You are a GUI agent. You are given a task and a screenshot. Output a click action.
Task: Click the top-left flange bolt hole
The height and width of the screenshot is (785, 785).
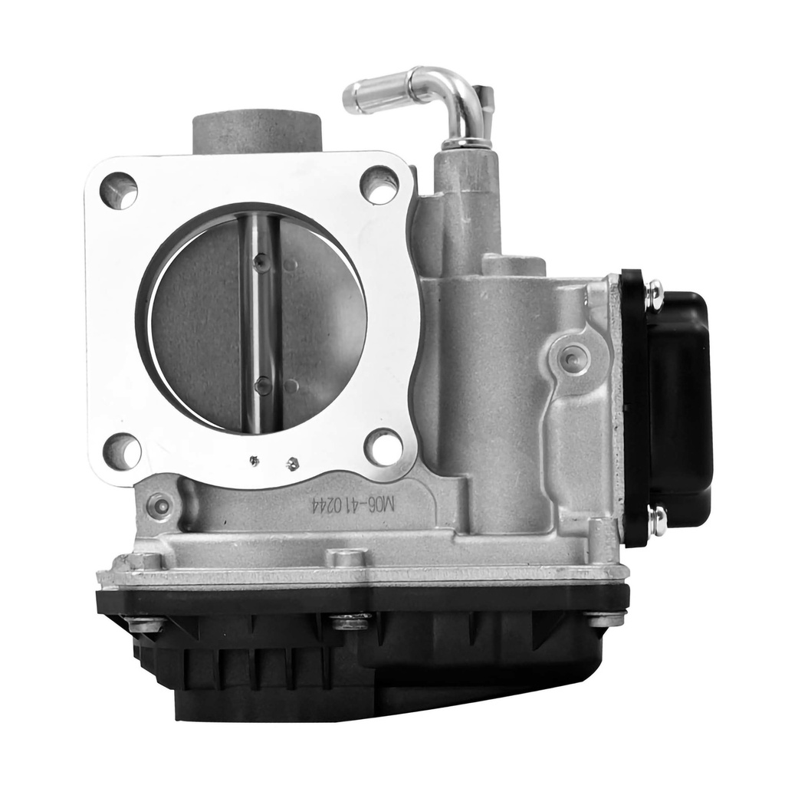119,190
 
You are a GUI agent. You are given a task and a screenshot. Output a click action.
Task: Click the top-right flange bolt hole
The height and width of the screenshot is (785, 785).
379,184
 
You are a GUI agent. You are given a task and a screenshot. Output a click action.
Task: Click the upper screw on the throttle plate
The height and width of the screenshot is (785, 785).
261,261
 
